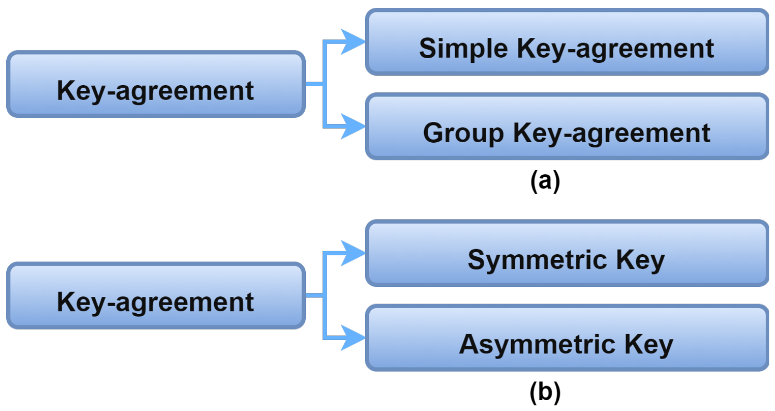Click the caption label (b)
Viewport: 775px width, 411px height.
click(545, 393)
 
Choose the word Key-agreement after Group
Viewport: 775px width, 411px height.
click(612, 133)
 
